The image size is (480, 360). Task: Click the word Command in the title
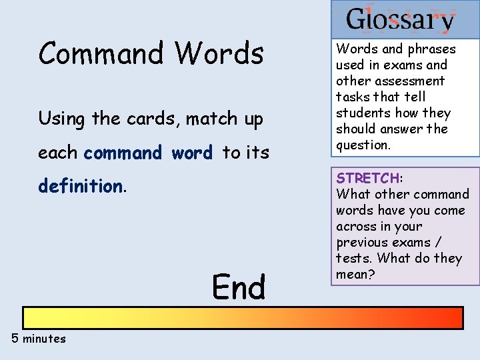pyautogui.click(x=101, y=53)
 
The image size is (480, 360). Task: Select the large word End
pyautogui.click(x=239, y=288)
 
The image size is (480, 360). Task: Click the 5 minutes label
pyautogui.click(x=39, y=339)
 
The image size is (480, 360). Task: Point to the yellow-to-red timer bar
pyautogui.click(x=243, y=318)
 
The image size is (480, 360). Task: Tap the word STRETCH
pyautogui.click(x=367, y=178)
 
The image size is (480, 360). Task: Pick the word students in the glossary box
pyautogui.click(x=364, y=113)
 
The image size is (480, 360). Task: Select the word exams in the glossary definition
pyautogui.click(x=401, y=65)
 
